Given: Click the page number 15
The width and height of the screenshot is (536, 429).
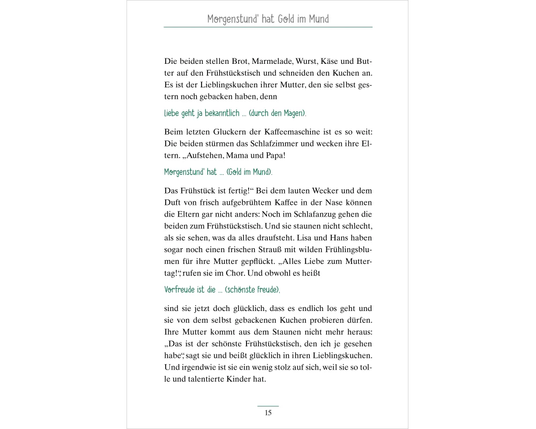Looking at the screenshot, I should pos(268,412).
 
